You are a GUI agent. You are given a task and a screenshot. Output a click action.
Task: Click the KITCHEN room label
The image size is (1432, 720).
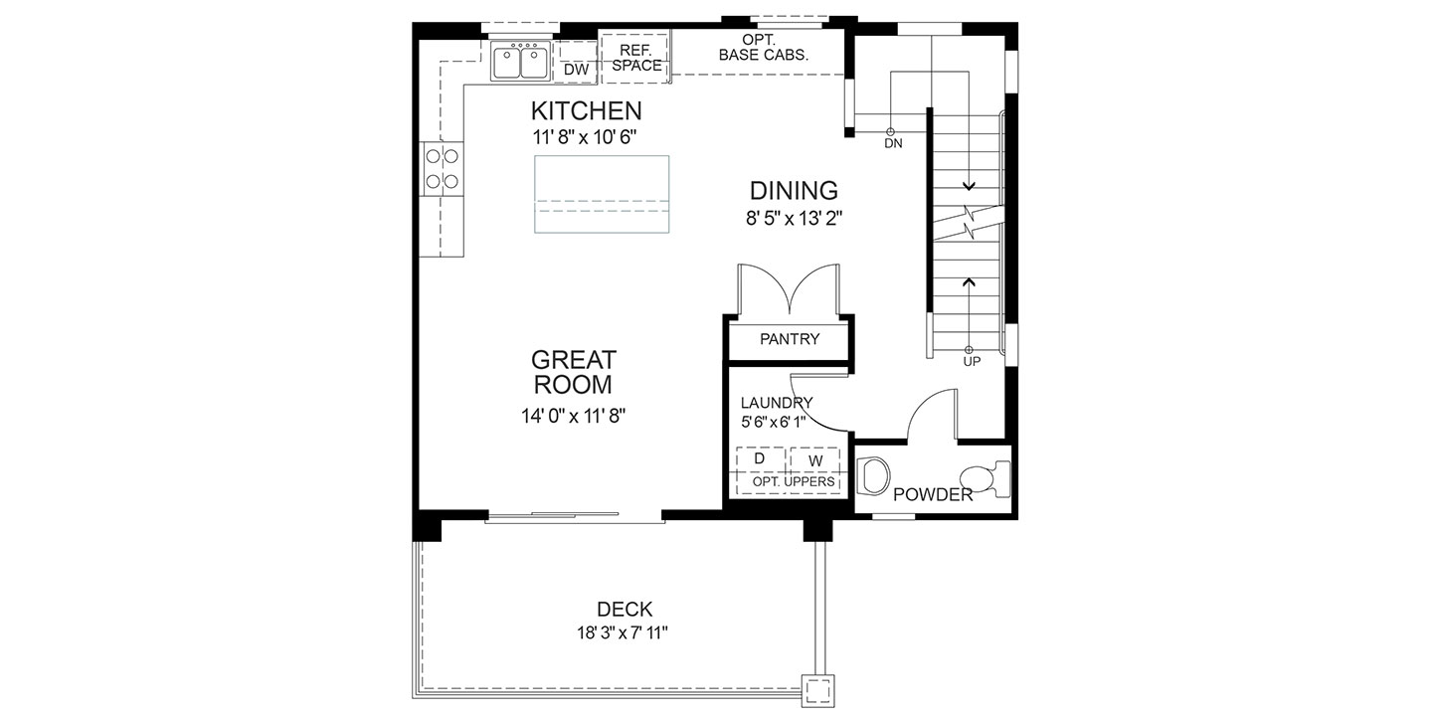(x=587, y=111)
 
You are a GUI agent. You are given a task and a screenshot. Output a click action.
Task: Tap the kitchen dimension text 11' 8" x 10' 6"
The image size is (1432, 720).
(x=585, y=137)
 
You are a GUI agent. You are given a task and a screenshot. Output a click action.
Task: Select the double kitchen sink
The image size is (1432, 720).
(x=520, y=62)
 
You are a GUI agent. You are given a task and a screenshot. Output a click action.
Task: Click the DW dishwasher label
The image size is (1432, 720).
(x=576, y=70)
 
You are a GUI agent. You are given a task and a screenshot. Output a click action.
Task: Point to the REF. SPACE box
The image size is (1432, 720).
(x=634, y=59)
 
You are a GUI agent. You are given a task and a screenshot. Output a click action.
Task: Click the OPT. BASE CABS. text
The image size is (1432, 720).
(x=764, y=48)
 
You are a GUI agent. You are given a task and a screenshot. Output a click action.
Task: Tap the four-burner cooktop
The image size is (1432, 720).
(x=442, y=169)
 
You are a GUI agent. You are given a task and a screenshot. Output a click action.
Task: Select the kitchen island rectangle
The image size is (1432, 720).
(x=602, y=194)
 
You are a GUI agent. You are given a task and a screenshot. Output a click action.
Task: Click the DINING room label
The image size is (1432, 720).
(x=794, y=191)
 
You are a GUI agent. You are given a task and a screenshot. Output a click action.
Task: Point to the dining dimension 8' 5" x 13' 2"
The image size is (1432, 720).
(x=794, y=219)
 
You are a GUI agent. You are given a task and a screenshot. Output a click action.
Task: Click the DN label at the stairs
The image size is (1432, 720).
(x=893, y=144)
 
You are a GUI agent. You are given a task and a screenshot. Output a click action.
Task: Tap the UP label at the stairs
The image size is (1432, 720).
(x=972, y=362)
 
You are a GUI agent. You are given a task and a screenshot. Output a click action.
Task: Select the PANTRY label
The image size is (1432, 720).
(x=790, y=339)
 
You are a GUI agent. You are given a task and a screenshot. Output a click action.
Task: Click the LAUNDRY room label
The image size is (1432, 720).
(x=776, y=403)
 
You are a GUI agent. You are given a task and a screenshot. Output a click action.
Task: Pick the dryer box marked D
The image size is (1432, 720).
(x=760, y=459)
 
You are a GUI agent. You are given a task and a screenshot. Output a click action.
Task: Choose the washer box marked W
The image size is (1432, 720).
(x=815, y=459)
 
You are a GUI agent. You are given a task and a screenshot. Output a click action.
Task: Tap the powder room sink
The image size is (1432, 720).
(x=873, y=475)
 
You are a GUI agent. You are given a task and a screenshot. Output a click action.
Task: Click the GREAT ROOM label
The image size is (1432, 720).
(x=574, y=372)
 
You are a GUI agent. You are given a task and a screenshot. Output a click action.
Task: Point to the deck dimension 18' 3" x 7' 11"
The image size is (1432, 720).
(x=623, y=633)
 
